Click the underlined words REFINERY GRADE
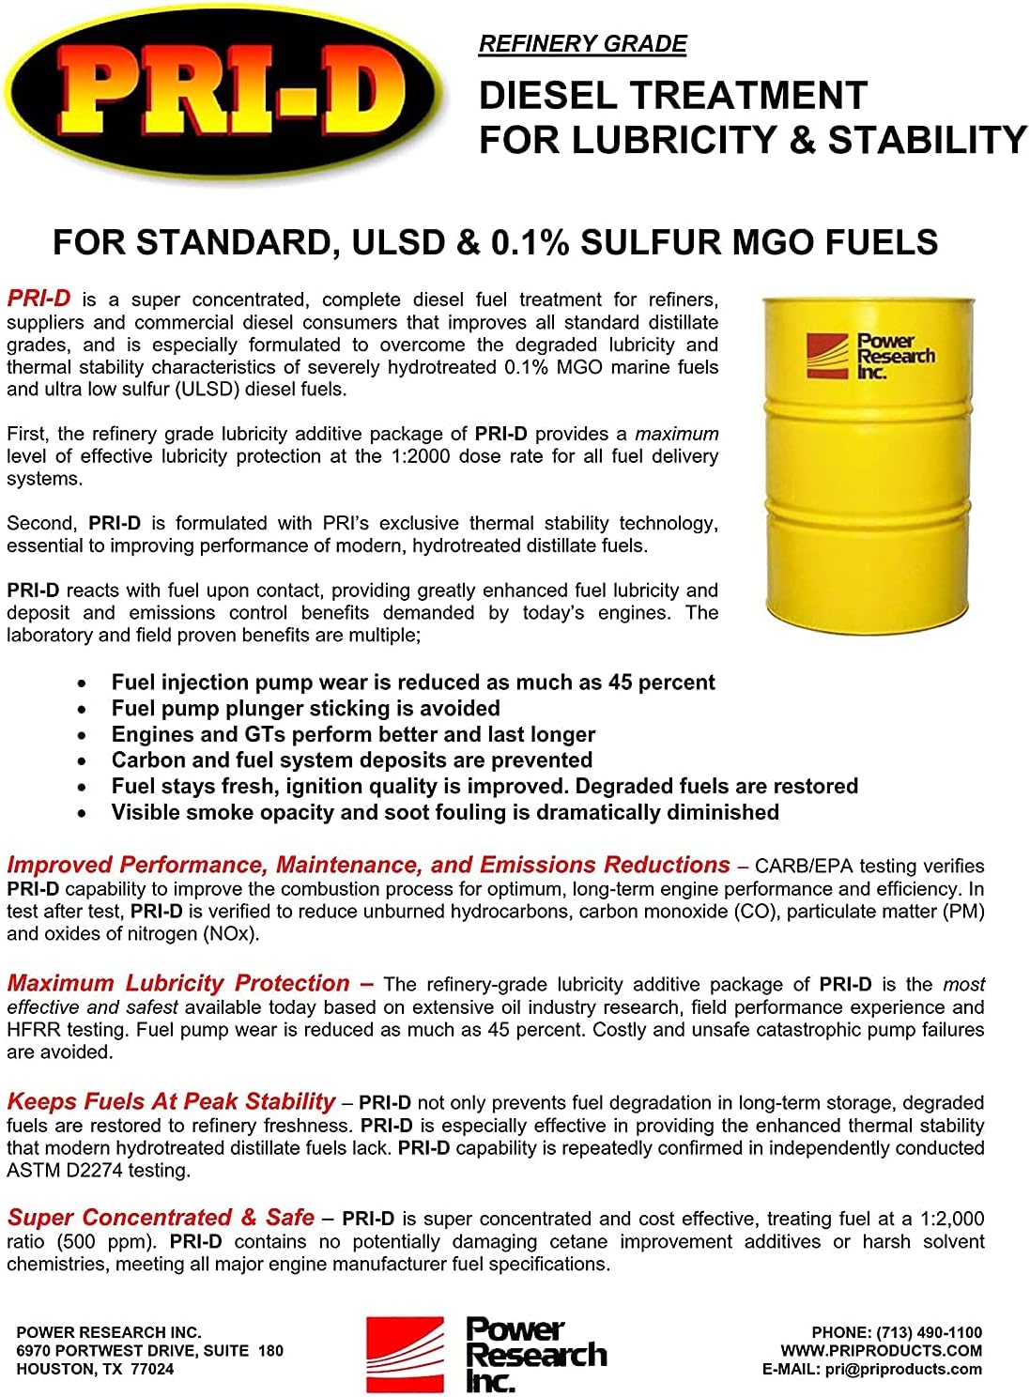pyautogui.click(x=582, y=44)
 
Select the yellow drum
pyautogui.click(x=864, y=465)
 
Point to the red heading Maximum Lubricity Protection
pyautogui.click(x=178, y=983)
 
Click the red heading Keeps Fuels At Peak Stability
pyautogui.click(x=171, y=1101)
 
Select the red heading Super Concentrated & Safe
pyautogui.click(x=161, y=1218)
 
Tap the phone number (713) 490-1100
pyautogui.click(x=929, y=1332)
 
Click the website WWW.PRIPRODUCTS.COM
pyautogui.click(x=881, y=1351)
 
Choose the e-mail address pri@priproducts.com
pyautogui.click(x=903, y=1369)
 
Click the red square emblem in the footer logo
pyautogui.click(x=405, y=1353)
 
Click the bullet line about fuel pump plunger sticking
pyautogui.click(x=305, y=708)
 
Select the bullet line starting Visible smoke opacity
pyautogui.click(x=445, y=812)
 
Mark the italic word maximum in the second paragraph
pyautogui.click(x=676, y=434)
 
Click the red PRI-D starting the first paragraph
pyautogui.click(x=38, y=299)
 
